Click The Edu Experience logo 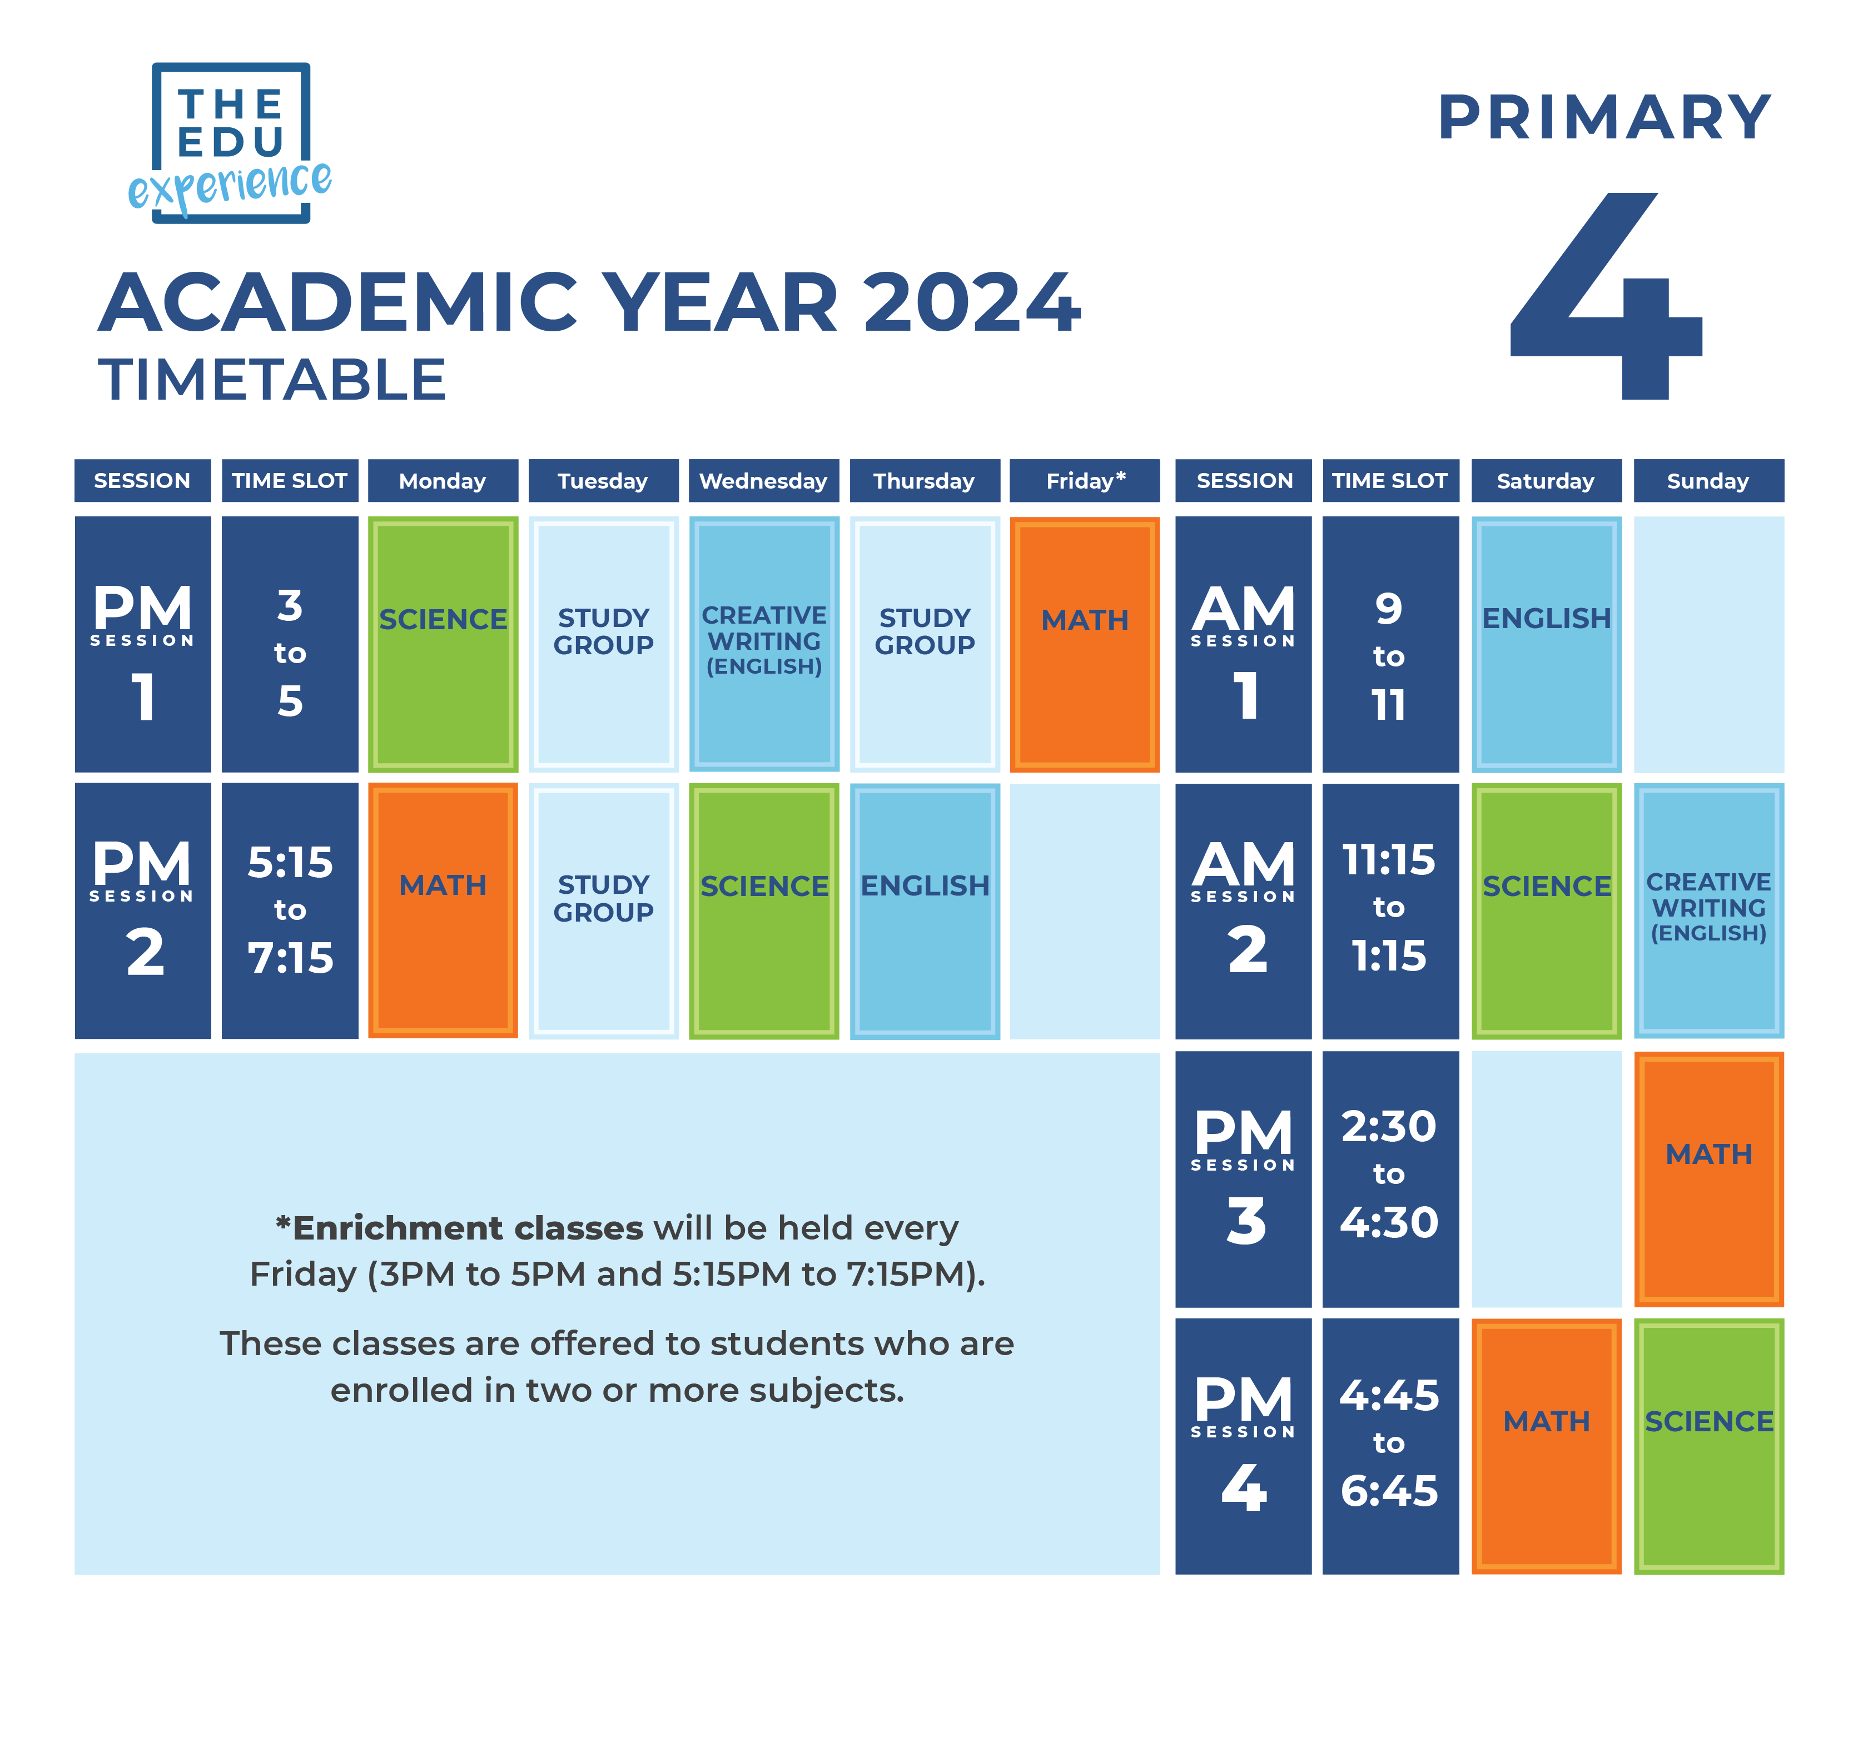(230, 143)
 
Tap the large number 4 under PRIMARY (1606, 297)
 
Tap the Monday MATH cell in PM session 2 (443, 910)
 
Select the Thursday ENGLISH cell (925, 910)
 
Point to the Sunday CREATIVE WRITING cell (1707, 910)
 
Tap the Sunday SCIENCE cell (1707, 1446)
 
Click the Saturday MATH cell (1546, 1446)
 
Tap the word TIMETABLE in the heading (272, 380)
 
